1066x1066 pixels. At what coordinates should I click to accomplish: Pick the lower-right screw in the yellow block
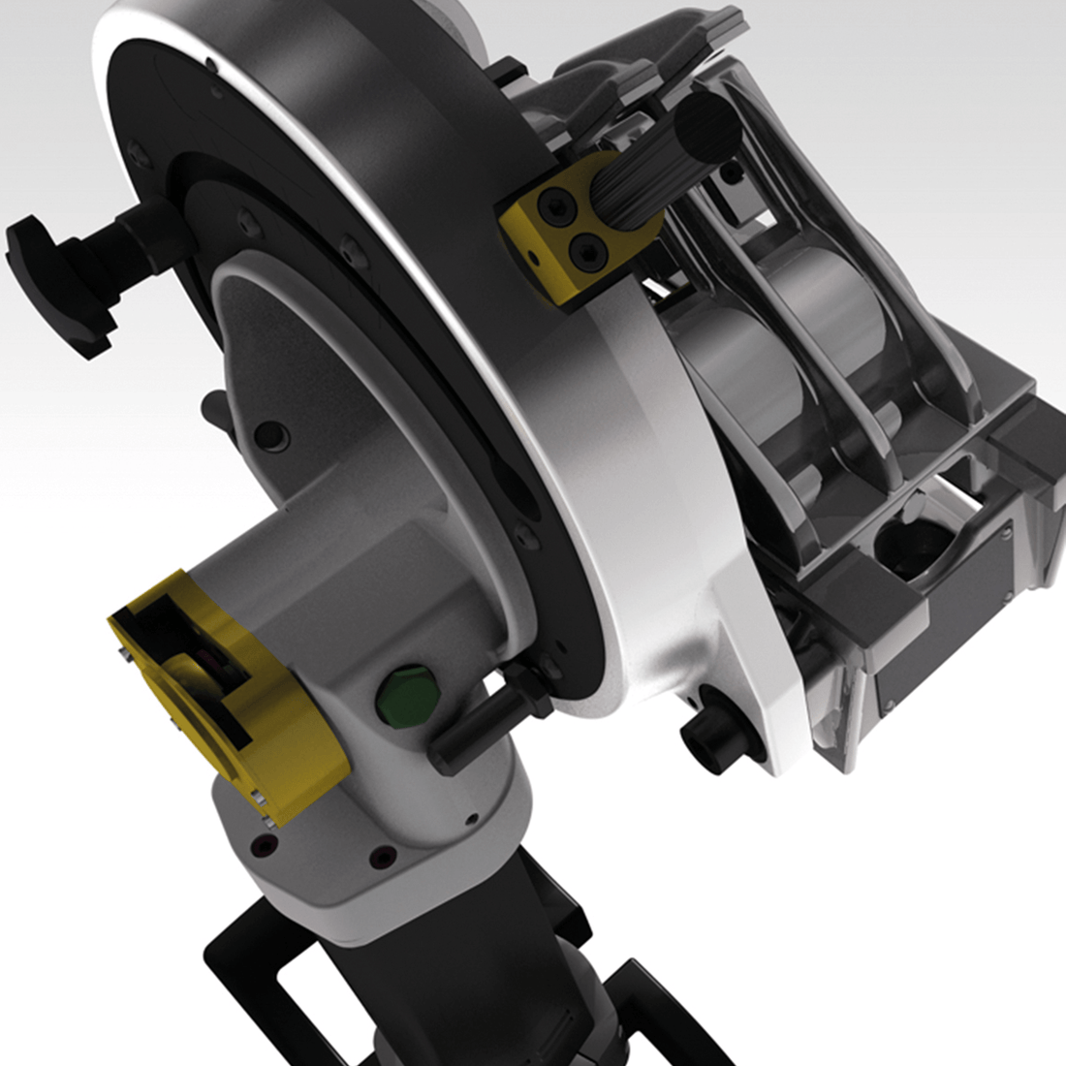tap(588, 251)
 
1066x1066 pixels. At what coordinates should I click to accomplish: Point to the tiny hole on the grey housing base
tap(469, 818)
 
